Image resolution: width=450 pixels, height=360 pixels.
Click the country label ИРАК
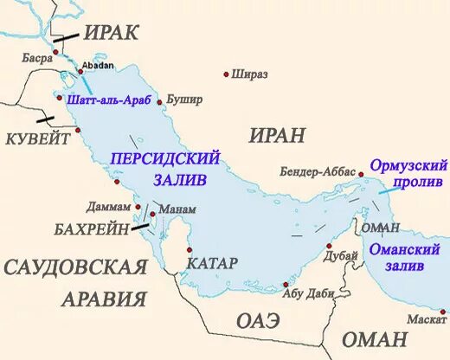pyautogui.click(x=112, y=33)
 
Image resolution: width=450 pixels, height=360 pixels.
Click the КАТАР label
pyautogui.click(x=213, y=261)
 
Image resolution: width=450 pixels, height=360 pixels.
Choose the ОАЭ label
pyautogui.click(x=259, y=321)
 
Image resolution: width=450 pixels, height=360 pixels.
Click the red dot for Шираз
pyautogui.click(x=228, y=74)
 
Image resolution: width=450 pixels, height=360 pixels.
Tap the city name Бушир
pyautogui.click(x=184, y=100)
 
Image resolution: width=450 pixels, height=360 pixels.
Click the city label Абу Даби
pyautogui.click(x=308, y=293)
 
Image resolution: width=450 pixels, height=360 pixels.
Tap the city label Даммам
pyautogui.click(x=109, y=208)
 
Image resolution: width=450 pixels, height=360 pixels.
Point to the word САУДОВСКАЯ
pyautogui.click(x=75, y=267)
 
